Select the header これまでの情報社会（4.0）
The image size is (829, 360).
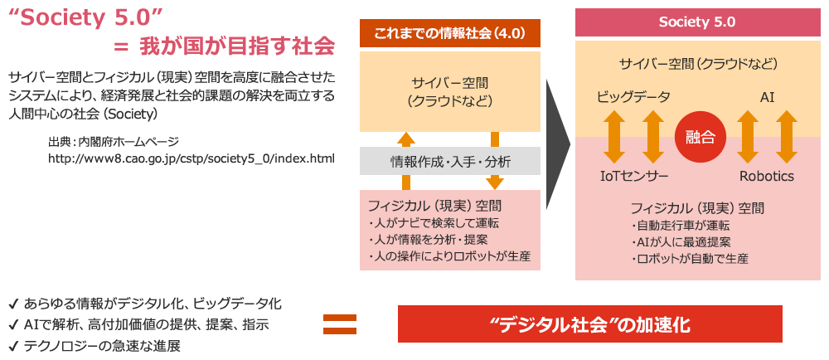point(450,34)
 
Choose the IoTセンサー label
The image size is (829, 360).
point(634,176)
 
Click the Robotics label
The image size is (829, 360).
point(767,176)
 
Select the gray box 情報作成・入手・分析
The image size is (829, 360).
point(450,161)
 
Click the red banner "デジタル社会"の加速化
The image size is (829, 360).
point(589,324)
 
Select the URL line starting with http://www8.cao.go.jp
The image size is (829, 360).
point(191,158)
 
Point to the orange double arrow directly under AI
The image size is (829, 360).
point(749,136)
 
